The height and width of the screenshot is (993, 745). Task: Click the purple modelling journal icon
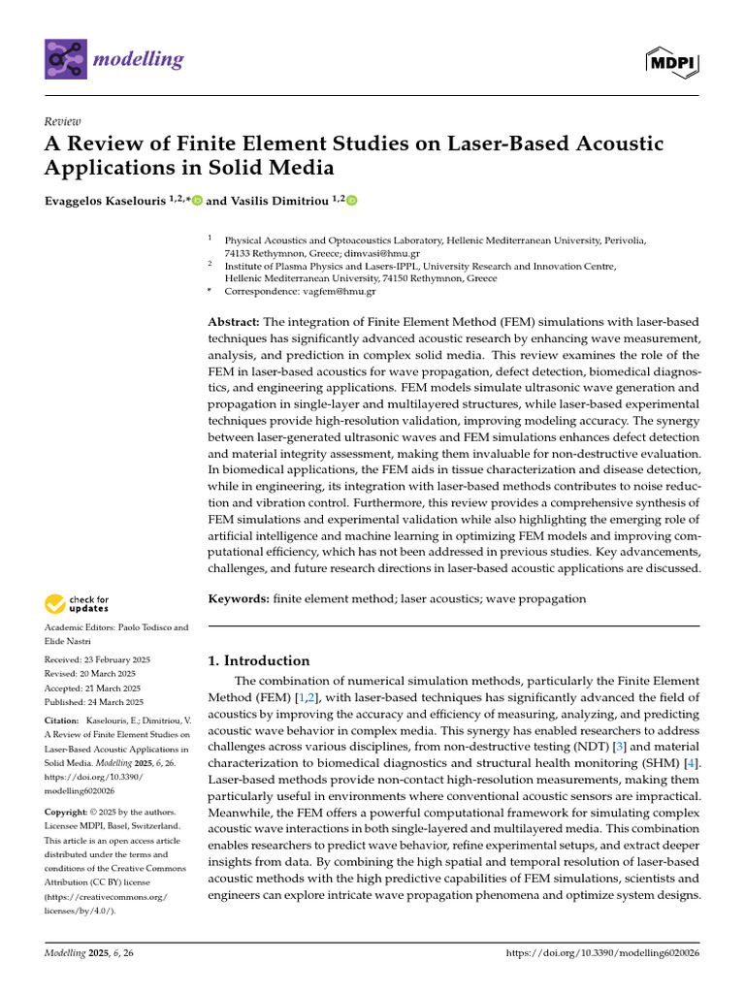tap(65, 59)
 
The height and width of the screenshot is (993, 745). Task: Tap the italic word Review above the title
tap(63, 121)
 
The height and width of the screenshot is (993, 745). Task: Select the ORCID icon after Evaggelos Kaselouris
tap(197, 201)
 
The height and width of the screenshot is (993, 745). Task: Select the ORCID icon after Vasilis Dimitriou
tap(351, 201)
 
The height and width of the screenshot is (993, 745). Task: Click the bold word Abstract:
tap(234, 321)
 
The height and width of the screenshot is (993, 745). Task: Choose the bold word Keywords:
tap(239, 599)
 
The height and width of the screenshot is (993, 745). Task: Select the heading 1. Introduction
tap(259, 660)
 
